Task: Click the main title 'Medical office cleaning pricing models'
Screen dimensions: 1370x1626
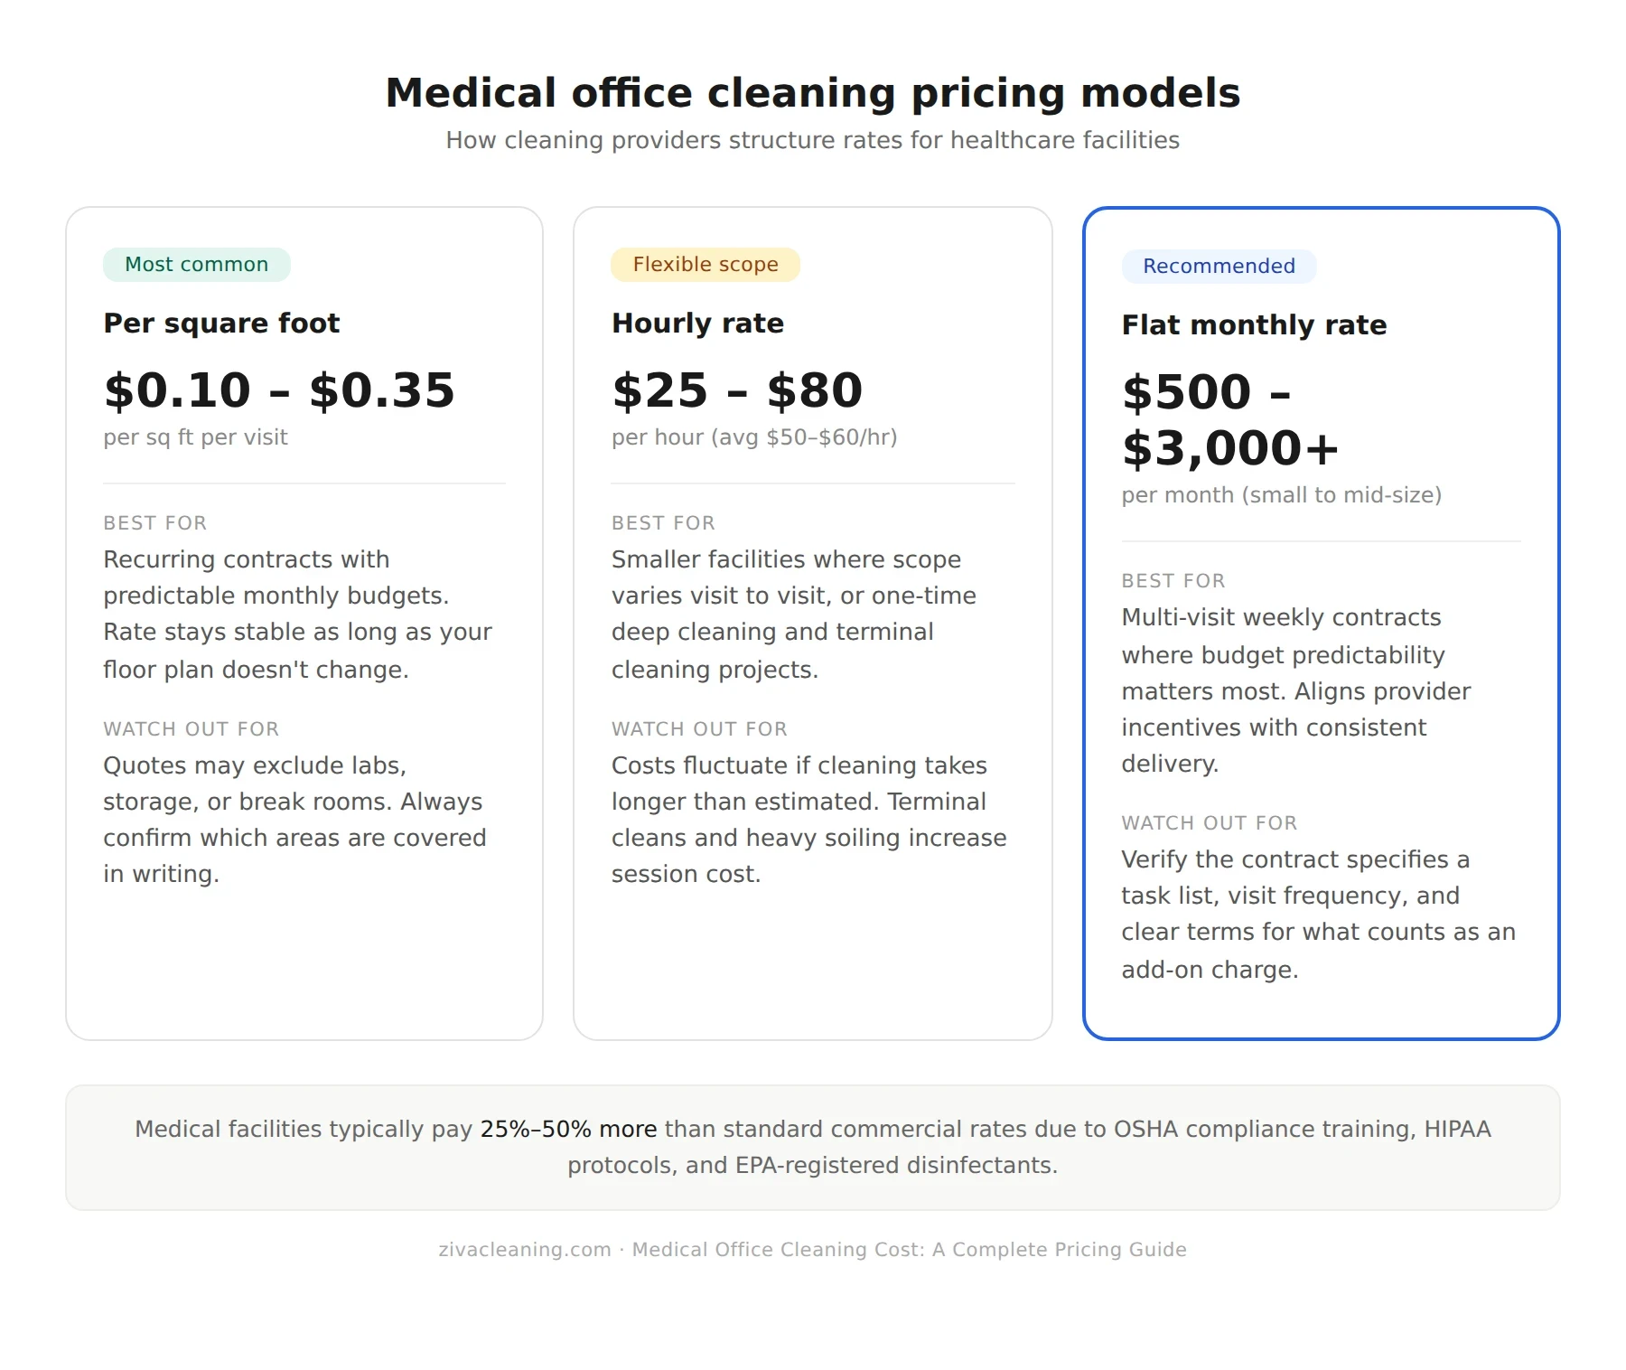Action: click(x=812, y=93)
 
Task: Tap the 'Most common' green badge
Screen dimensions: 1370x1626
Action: click(x=196, y=265)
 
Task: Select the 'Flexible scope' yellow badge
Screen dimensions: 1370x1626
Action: click(x=705, y=265)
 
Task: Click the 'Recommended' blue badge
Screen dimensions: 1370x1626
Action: click(x=1219, y=267)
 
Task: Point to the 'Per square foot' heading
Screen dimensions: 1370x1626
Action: click(x=221, y=324)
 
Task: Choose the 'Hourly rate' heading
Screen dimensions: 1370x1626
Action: click(x=697, y=324)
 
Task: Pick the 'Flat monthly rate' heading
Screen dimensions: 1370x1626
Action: click(x=1254, y=325)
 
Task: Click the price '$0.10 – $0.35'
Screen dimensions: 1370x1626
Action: click(x=279, y=390)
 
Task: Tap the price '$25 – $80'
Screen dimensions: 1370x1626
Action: click(x=737, y=390)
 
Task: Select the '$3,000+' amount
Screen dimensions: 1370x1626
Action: click(x=1229, y=448)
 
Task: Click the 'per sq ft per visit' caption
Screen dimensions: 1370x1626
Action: click(x=195, y=437)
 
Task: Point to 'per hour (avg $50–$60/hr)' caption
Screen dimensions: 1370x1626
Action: click(x=754, y=437)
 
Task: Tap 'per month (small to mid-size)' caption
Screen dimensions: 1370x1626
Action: click(x=1281, y=495)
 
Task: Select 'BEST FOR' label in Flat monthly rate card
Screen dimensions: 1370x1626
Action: click(x=1173, y=581)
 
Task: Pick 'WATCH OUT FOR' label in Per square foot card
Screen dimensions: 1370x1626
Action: click(x=191, y=729)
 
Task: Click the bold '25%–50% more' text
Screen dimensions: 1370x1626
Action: click(x=568, y=1130)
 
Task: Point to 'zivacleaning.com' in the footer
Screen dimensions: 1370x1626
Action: click(x=524, y=1250)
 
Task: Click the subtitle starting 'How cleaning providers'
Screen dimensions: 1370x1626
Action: click(x=812, y=141)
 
